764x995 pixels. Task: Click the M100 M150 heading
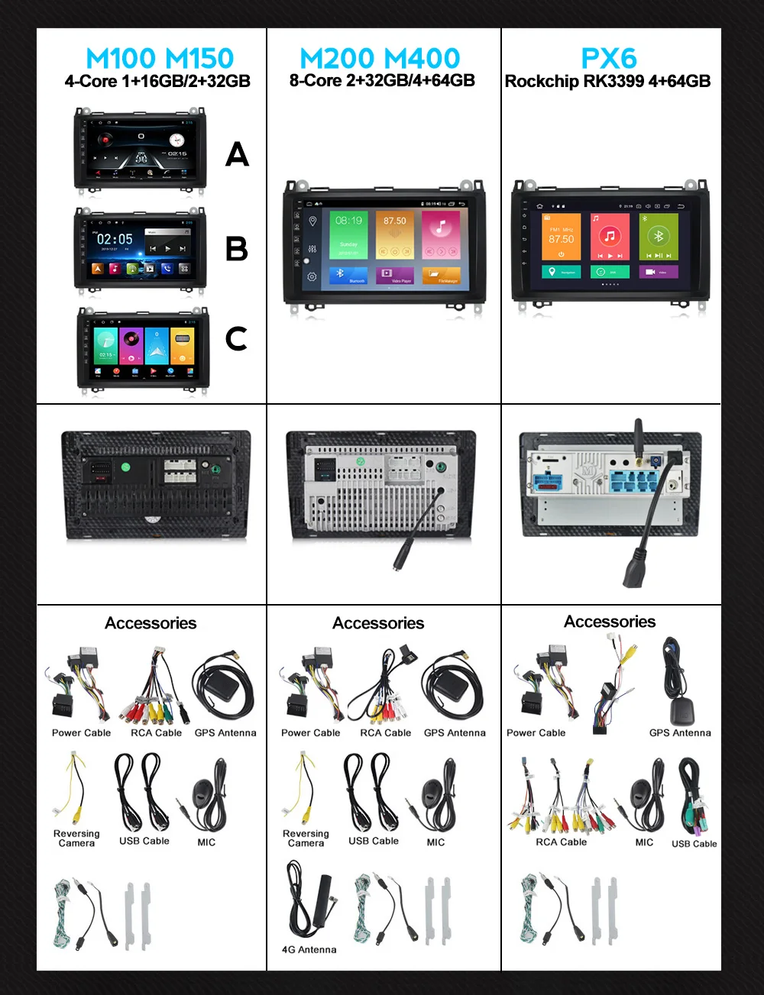click(x=160, y=58)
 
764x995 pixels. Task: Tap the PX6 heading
click(x=609, y=58)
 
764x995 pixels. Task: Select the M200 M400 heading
click(x=380, y=58)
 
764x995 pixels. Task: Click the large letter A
click(x=237, y=155)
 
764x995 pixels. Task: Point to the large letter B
click(x=237, y=249)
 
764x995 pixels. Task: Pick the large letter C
click(x=237, y=338)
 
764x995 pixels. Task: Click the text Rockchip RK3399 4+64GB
click(x=607, y=81)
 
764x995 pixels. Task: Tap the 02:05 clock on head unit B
click(x=115, y=239)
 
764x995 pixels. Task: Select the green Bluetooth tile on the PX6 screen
click(x=658, y=237)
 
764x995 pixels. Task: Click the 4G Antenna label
click(x=309, y=949)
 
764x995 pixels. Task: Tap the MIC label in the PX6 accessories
click(x=644, y=842)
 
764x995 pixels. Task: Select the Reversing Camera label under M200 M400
click(x=306, y=838)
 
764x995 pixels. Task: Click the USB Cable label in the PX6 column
click(x=694, y=844)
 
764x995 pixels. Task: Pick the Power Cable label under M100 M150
click(x=81, y=732)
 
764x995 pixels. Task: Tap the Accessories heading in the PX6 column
click(x=610, y=622)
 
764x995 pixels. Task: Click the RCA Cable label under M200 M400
click(x=385, y=732)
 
